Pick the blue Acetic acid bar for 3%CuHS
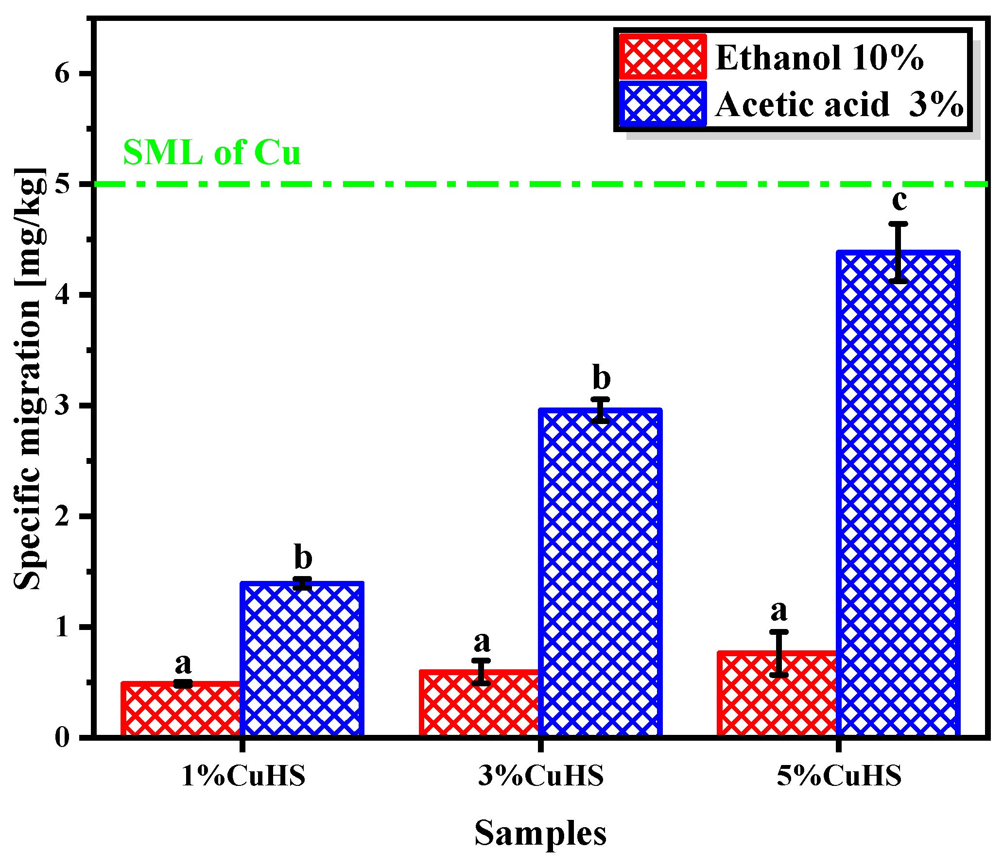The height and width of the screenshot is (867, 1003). (601, 573)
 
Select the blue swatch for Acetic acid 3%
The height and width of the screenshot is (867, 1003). (663, 103)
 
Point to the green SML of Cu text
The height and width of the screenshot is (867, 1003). (212, 153)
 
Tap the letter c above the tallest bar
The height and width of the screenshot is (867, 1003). (899, 200)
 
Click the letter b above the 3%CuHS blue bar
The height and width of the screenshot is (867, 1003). (602, 377)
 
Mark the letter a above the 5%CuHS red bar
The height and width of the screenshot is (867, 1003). (779, 611)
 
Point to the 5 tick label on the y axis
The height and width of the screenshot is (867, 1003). (63, 185)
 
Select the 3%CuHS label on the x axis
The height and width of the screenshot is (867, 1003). (541, 776)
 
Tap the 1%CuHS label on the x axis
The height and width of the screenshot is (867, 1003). (243, 776)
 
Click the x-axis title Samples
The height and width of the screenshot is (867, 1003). (540, 833)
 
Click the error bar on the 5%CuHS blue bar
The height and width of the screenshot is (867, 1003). (899, 253)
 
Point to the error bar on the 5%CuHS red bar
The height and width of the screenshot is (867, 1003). (779, 653)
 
